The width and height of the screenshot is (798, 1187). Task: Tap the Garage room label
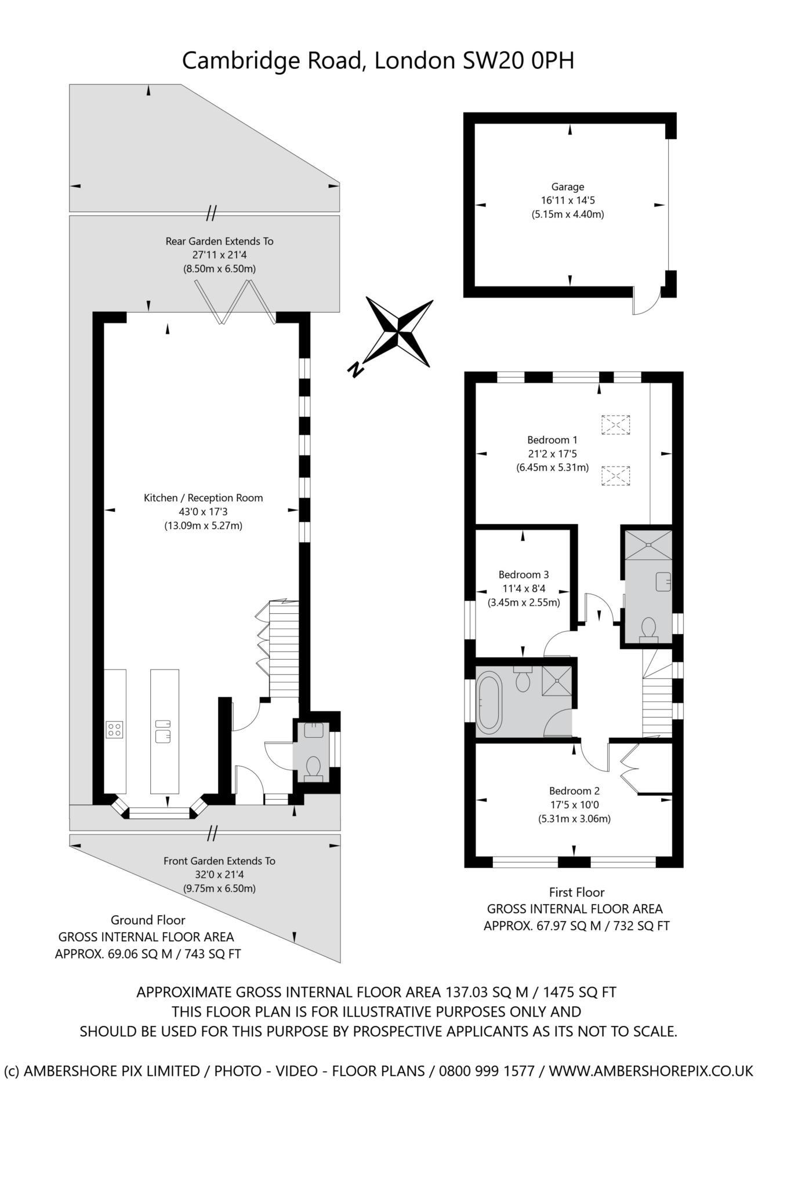[567, 187]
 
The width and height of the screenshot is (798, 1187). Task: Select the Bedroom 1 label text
[552, 440]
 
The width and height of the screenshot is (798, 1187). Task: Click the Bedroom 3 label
[524, 574]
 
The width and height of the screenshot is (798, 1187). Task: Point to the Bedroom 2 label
[574, 791]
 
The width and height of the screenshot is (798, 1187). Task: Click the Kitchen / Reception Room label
[203, 498]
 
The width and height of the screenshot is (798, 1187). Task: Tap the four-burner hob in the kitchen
[114, 729]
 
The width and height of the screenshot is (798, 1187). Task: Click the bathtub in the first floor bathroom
[490, 700]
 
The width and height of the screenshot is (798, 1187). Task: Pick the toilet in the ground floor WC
[313, 769]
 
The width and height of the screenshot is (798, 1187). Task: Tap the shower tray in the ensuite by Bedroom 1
[647, 545]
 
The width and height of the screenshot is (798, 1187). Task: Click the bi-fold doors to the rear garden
[235, 301]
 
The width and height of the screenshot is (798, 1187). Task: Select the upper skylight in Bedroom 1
[615, 425]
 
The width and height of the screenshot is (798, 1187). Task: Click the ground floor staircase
[284, 649]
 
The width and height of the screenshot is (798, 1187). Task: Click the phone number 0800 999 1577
[487, 1071]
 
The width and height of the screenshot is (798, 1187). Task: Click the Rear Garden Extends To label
[219, 241]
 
